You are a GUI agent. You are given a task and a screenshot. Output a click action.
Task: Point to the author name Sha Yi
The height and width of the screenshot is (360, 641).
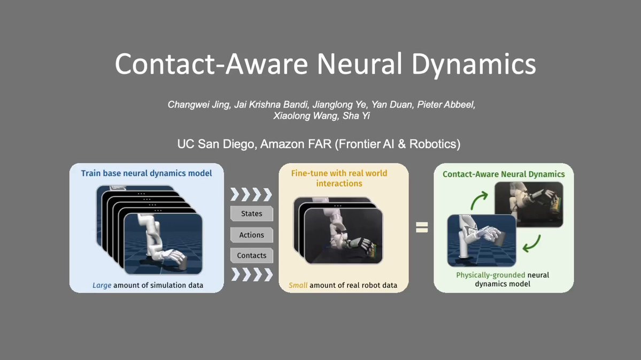(x=356, y=116)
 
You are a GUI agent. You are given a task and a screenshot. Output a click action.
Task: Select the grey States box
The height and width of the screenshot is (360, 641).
(x=251, y=213)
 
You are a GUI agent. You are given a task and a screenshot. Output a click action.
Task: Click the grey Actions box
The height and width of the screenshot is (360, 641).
(x=251, y=235)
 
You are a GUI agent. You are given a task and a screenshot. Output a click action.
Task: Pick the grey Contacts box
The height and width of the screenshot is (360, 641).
(x=251, y=255)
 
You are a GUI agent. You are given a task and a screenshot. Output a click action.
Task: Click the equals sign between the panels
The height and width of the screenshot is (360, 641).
(x=422, y=227)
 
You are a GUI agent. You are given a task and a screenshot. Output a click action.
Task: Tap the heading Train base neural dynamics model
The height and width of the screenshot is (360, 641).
(x=146, y=173)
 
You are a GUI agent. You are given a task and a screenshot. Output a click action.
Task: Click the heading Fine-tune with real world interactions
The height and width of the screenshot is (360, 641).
(x=339, y=178)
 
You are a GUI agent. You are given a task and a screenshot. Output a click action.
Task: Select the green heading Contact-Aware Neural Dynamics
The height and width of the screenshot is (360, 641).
(x=504, y=174)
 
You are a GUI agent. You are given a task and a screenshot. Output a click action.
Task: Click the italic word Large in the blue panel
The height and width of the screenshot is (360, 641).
(x=102, y=285)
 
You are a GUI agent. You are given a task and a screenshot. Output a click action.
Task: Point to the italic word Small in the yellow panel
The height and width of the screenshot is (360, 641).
(x=298, y=285)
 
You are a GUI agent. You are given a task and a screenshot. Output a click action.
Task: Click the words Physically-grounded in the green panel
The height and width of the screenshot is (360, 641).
(x=491, y=275)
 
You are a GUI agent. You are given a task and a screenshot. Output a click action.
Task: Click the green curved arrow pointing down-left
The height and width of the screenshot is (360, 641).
(x=532, y=244)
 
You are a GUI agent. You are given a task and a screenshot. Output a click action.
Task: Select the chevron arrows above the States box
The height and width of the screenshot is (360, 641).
(x=251, y=195)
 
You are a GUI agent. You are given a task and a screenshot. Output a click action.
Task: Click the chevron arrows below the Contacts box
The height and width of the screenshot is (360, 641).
(x=252, y=274)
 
